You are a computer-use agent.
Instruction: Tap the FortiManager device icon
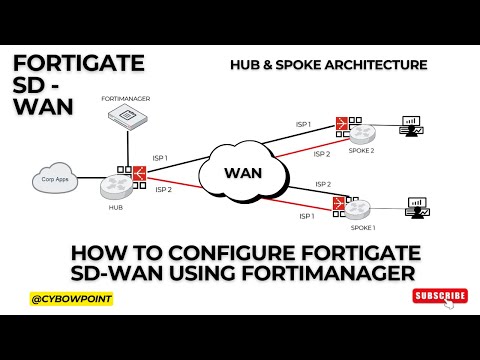pyautogui.click(x=126, y=118)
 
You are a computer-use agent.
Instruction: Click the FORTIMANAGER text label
pyautogui.click(x=125, y=100)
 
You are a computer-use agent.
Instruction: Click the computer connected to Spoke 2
pyautogui.click(x=411, y=128)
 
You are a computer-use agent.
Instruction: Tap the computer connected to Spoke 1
pyautogui.click(x=418, y=209)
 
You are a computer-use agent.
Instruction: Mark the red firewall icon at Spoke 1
pyautogui.click(x=341, y=204)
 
